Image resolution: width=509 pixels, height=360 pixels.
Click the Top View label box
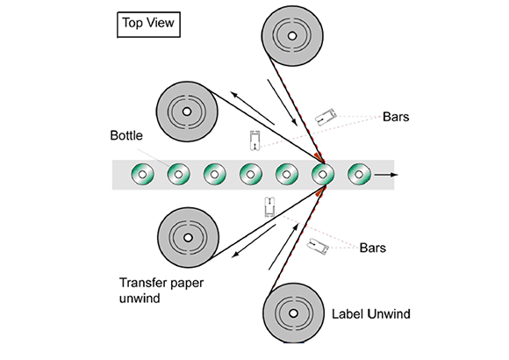pos(148,25)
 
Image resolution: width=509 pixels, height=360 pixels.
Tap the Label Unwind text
pos(370,313)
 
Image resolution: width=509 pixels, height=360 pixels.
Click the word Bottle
pos(126,135)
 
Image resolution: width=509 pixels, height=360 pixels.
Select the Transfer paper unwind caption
pos(161,290)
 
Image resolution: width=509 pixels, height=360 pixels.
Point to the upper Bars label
pos(396,117)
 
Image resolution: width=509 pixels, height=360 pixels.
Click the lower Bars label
pos(373,248)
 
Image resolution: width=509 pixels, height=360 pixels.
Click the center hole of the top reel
pos(292,36)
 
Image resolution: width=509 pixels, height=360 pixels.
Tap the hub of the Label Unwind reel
pos(293,313)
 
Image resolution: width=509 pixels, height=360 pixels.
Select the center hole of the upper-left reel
pos(187,112)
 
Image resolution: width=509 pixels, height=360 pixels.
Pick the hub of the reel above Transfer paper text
pos(188,237)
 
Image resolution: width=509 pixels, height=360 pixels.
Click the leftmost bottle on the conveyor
pos(142,175)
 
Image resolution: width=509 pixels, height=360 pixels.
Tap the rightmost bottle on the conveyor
pos(359,175)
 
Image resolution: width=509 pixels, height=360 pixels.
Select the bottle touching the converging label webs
pos(323,175)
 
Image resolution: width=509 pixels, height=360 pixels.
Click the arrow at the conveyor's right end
pos(386,175)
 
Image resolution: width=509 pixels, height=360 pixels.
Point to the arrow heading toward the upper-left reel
pos(253,108)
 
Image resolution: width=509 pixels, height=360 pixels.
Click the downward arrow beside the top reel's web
pos(282,102)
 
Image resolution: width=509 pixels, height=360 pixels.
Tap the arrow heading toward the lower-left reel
pos(254,241)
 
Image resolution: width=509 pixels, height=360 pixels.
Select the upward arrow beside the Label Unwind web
pos(283,246)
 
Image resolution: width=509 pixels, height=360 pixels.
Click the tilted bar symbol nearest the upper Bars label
pos(326,117)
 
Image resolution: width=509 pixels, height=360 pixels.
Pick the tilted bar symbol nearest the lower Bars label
pos(318,246)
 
